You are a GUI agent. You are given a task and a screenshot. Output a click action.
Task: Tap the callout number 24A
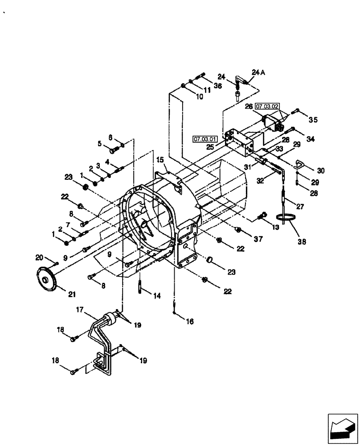(258, 73)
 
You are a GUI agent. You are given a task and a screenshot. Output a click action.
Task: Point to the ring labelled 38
(285, 218)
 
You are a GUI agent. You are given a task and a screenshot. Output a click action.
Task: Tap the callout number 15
(160, 159)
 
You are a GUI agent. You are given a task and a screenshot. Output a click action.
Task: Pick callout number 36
(217, 86)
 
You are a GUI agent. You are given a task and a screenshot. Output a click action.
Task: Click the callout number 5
(100, 144)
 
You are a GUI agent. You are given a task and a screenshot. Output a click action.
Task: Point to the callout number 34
(310, 139)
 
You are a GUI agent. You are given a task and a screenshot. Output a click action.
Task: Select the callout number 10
(199, 96)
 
